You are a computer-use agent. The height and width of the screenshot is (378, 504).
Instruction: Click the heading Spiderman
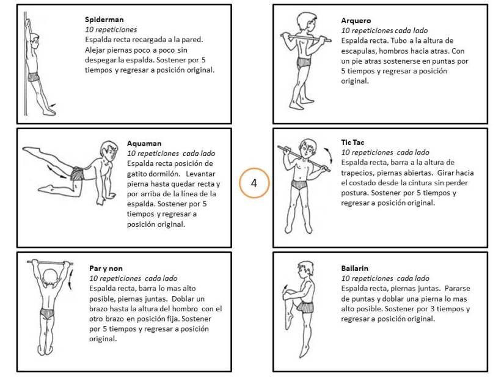click(103, 19)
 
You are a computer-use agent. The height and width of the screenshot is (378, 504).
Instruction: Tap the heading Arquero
click(356, 21)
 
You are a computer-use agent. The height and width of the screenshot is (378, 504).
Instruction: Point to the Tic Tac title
click(353, 143)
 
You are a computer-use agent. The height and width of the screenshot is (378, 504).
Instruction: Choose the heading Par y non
click(106, 268)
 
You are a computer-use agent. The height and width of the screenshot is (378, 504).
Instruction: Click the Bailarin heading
click(355, 269)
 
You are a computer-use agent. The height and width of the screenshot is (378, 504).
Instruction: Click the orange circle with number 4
click(254, 182)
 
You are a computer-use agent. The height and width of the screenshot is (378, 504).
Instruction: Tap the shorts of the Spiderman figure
click(33, 76)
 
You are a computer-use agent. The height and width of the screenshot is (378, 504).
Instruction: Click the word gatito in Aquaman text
click(138, 173)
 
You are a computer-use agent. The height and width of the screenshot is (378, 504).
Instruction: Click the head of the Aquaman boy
click(109, 150)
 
